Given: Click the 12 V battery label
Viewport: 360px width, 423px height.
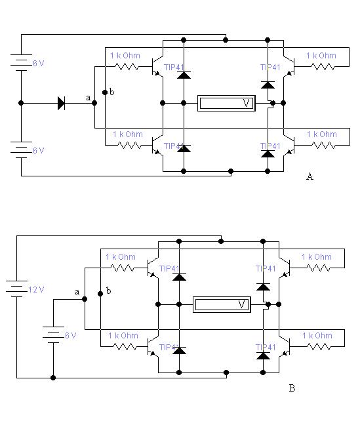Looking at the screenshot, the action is [36, 290].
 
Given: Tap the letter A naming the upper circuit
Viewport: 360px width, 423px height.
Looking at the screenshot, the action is [310, 176].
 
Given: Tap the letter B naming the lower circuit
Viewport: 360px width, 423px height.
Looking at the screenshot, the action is [292, 388].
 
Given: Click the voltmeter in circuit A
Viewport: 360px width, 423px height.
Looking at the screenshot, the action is [226, 103].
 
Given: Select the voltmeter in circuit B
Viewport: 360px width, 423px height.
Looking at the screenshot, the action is [222, 304].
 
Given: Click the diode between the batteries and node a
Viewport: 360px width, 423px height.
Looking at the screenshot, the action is [62, 103].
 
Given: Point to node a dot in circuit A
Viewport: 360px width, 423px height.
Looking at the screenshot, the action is [94, 103].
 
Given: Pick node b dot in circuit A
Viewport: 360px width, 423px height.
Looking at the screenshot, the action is [105, 92].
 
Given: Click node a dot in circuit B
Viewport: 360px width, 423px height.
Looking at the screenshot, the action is [85, 299].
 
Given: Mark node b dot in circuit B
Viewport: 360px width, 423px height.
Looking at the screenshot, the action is [100, 294].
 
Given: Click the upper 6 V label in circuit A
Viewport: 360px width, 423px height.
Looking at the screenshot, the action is [39, 64].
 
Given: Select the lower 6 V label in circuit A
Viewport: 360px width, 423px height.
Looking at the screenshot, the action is [39, 151].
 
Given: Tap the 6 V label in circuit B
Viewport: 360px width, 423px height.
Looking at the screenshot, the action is [71, 336].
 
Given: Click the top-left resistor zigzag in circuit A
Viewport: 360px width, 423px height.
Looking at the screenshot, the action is [127, 67].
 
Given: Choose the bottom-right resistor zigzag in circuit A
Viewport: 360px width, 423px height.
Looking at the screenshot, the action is [324, 146].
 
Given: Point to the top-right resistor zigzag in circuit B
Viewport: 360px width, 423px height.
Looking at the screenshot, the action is [319, 268].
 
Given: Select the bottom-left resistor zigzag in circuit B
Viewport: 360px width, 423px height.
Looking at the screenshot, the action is [125, 347].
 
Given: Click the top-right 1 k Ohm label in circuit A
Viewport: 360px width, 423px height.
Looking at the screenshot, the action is [321, 56].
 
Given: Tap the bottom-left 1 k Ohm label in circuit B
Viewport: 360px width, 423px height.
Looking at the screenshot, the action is [123, 336].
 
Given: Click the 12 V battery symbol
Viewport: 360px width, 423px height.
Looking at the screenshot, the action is [16, 289].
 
